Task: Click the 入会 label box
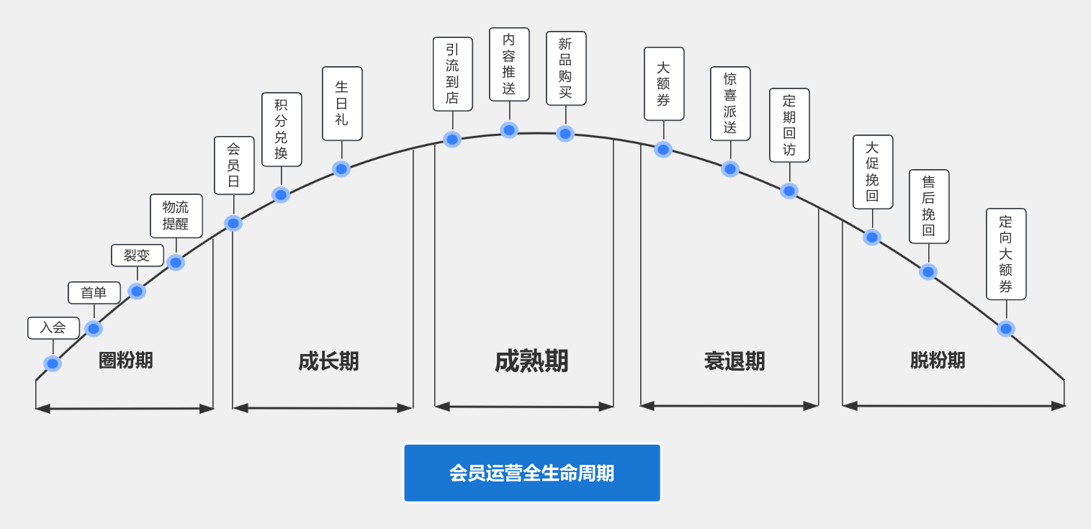tap(53, 328)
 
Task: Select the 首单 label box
tap(94, 293)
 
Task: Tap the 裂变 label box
tap(138, 256)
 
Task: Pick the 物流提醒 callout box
tap(176, 216)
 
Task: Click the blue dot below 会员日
tap(233, 223)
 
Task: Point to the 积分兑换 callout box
tap(282, 130)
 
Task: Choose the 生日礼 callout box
tap(342, 104)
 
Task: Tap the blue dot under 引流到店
tap(452, 140)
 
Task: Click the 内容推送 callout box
tap(509, 64)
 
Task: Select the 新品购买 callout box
tap(566, 68)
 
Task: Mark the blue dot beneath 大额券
tap(663, 150)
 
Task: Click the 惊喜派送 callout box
tap(730, 104)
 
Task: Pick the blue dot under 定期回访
tap(789, 191)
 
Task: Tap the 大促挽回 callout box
tap(873, 172)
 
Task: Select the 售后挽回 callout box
tap(929, 207)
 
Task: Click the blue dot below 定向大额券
tap(1006, 328)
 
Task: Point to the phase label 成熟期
tap(531, 361)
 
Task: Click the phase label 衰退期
tap(735, 361)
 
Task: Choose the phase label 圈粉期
tap(125, 361)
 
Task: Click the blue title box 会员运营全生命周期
tap(532, 473)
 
